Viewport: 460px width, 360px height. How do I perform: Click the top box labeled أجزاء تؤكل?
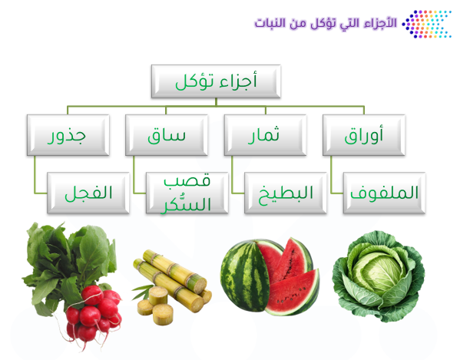[216, 81]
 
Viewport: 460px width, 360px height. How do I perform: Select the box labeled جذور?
[68, 135]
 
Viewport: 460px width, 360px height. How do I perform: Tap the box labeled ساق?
[167, 135]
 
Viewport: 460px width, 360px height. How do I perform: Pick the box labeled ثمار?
[265, 135]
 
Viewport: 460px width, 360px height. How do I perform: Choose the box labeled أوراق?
[364, 135]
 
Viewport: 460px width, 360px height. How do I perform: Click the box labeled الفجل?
[88, 193]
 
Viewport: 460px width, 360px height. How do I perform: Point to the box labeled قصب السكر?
[187, 193]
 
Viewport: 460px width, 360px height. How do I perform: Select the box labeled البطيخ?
[286, 193]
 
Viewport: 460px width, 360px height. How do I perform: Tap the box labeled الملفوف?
[384, 193]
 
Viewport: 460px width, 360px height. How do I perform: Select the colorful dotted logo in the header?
[426, 24]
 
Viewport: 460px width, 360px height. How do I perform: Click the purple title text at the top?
[326, 23]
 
